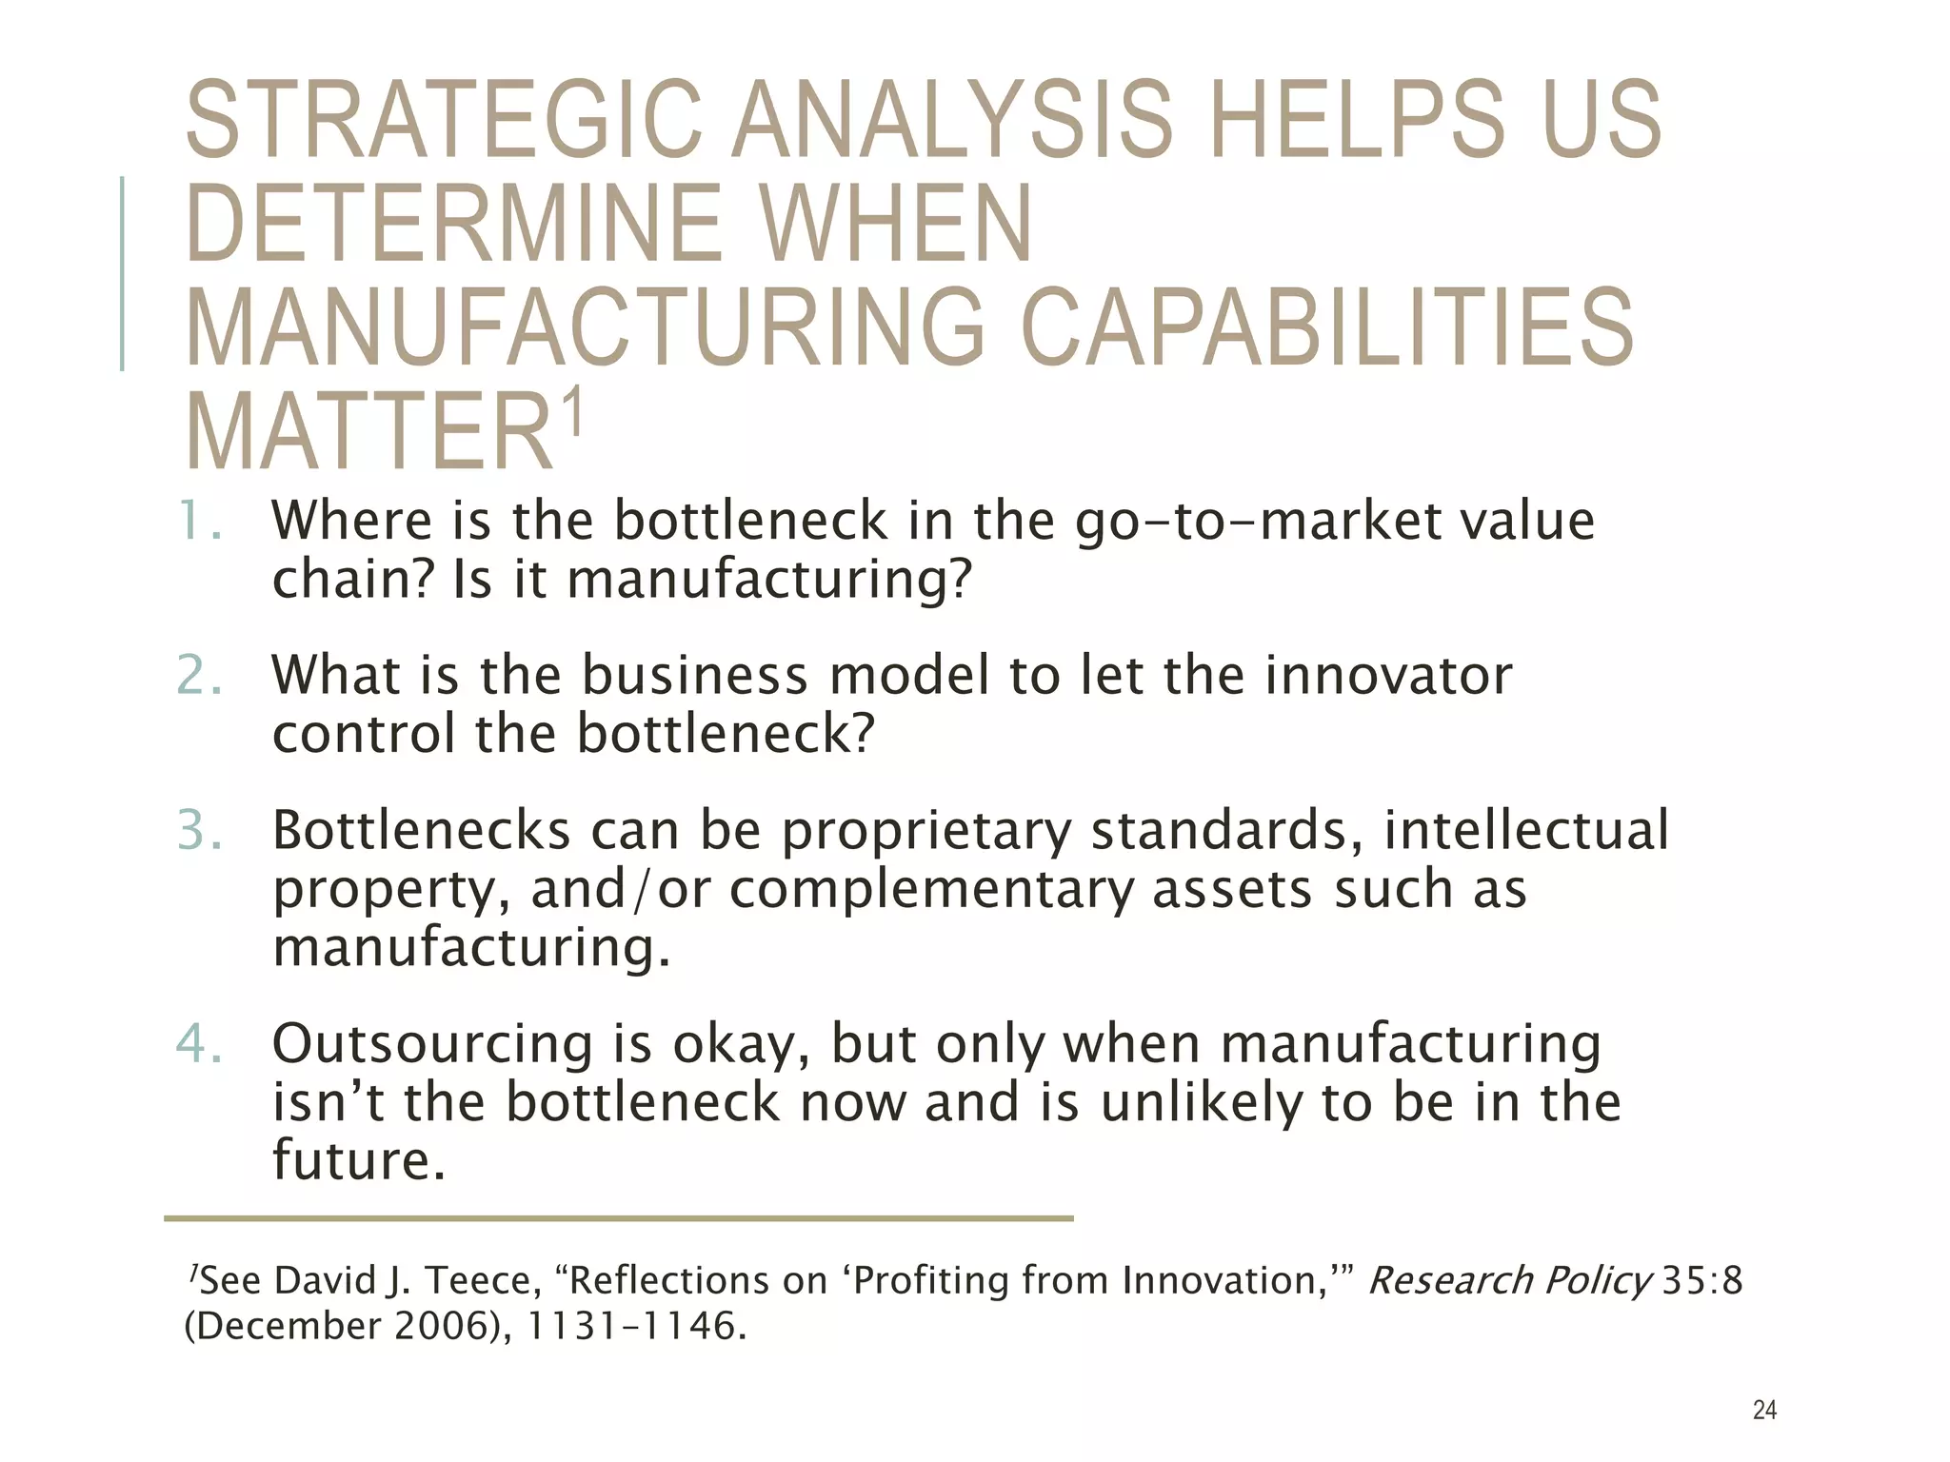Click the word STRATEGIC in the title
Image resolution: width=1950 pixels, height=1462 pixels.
click(444, 120)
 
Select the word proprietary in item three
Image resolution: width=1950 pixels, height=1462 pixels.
click(926, 831)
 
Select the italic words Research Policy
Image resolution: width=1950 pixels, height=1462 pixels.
click(1509, 1281)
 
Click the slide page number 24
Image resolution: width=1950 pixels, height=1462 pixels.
click(1764, 1410)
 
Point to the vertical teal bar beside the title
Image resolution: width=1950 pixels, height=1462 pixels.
click(122, 273)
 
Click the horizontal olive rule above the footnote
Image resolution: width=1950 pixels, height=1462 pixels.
click(618, 1218)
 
